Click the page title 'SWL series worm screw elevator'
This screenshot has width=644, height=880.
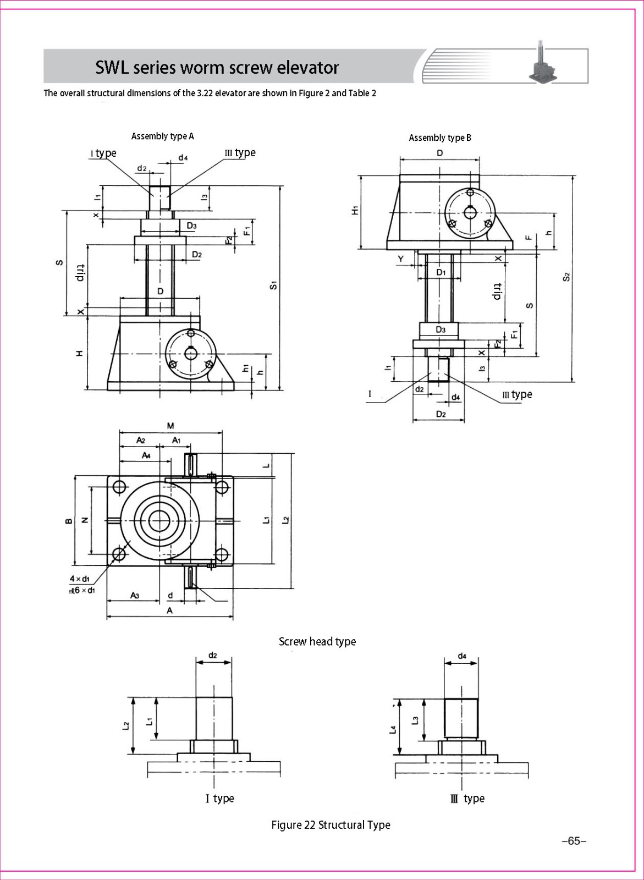(217, 67)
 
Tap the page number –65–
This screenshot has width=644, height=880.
(574, 841)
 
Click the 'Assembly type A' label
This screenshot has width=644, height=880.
(162, 136)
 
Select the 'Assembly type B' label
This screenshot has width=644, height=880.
(440, 137)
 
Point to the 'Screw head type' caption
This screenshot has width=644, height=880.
(317, 641)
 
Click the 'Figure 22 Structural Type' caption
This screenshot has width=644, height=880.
(331, 824)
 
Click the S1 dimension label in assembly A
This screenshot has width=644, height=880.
(273, 285)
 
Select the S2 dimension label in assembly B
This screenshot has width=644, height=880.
(566, 277)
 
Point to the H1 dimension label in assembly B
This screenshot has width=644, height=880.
(356, 210)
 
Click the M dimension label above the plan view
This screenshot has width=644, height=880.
(170, 425)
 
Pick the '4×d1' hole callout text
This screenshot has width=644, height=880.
(80, 579)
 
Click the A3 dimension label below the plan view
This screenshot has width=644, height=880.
(134, 595)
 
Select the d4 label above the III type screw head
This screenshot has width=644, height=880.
(462, 656)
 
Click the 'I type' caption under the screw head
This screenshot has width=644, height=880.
(220, 798)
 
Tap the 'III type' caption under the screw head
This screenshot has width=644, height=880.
(467, 798)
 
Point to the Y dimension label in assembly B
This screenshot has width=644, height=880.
(400, 258)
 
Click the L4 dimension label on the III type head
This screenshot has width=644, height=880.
(392, 730)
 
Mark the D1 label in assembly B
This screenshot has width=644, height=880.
(441, 272)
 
